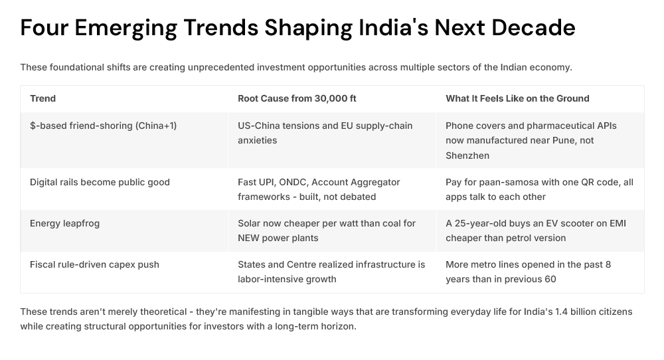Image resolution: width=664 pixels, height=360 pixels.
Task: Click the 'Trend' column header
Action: coord(42,98)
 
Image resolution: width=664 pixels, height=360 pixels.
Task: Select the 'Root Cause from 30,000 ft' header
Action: coord(297,98)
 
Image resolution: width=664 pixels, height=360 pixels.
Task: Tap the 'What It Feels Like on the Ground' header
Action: coord(517,98)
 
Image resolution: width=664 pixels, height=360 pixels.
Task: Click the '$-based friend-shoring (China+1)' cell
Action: coord(103,126)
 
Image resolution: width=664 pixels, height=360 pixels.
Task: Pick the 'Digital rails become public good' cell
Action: coord(100,182)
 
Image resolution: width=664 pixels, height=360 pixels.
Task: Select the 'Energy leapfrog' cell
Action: coord(64,223)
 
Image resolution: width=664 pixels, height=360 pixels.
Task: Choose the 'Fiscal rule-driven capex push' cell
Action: coord(94,264)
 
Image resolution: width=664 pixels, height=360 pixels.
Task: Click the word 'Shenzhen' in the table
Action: coord(467,155)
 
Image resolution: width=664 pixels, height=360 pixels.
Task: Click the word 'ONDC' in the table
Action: coord(299,182)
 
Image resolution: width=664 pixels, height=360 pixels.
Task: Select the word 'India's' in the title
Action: coord(389,28)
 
